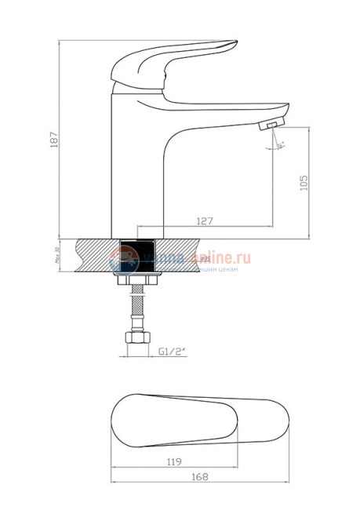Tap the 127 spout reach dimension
[x=205, y=222]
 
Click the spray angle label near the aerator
[x=281, y=144]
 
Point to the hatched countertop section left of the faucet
[x=93, y=256]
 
